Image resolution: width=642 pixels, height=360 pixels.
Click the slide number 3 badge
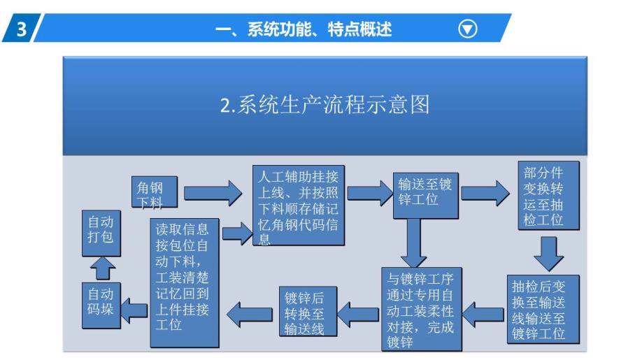pyautogui.click(x=21, y=28)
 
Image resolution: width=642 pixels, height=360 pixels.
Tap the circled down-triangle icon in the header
pyautogui.click(x=468, y=29)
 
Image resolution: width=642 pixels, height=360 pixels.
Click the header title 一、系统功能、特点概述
pyautogui.click(x=304, y=29)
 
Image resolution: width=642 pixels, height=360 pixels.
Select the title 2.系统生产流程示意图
pyautogui.click(x=324, y=104)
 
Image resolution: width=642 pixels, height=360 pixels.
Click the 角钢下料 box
pyautogui.click(x=155, y=192)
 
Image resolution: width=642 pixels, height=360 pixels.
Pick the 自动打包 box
pyautogui.click(x=101, y=233)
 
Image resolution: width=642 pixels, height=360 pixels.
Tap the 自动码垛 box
pyautogui.click(x=101, y=305)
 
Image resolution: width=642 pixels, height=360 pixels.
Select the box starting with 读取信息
pyautogui.click(x=184, y=282)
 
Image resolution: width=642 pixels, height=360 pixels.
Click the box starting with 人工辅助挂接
pyautogui.click(x=299, y=205)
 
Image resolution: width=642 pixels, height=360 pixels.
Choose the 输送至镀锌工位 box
pyautogui.click(x=425, y=196)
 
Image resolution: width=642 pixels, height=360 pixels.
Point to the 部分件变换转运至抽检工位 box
pyautogui.click(x=549, y=196)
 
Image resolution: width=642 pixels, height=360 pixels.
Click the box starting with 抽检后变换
pyautogui.click(x=543, y=309)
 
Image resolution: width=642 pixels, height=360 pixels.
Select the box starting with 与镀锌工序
pyautogui.click(x=421, y=309)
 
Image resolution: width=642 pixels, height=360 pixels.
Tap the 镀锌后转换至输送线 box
pyautogui.click(x=308, y=311)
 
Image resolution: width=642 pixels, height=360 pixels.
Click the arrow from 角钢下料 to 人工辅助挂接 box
pyautogui.click(x=213, y=193)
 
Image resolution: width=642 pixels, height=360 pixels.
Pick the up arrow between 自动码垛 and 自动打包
pyautogui.click(x=102, y=268)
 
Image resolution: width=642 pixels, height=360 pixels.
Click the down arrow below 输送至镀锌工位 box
pyautogui.click(x=413, y=243)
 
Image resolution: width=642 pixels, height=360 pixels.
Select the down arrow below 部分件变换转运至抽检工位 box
pyautogui.click(x=549, y=254)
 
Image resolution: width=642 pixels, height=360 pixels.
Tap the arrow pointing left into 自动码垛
pyautogui.click(x=134, y=310)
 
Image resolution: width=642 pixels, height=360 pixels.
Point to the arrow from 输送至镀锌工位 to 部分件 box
pyautogui.click(x=485, y=193)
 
